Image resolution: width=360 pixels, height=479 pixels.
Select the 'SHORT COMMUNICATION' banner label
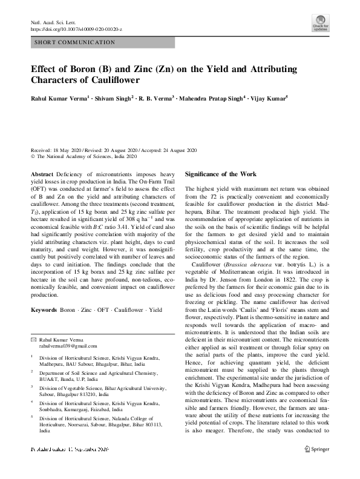tap(76, 42)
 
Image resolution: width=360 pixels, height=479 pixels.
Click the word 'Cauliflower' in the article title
tap(114, 80)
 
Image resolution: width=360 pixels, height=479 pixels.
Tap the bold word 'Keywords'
tap(43, 310)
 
